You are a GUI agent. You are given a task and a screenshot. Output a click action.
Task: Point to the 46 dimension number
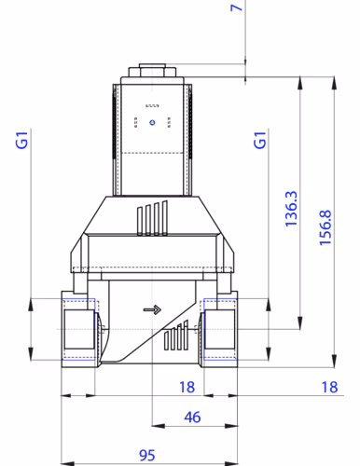tap(193, 416)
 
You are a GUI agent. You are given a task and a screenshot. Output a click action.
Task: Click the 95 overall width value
tap(146, 455)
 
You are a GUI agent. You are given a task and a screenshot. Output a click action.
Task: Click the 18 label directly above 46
tap(187, 386)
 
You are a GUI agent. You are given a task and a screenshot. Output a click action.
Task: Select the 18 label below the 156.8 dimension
tap(328, 386)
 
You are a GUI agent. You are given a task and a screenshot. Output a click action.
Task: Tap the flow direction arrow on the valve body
tap(151, 311)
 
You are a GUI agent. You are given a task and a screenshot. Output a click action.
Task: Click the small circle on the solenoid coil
tap(149, 122)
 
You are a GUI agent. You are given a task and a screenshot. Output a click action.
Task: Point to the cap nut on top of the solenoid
tap(151, 70)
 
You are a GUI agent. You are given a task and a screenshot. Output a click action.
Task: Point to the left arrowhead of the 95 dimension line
tap(64, 463)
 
